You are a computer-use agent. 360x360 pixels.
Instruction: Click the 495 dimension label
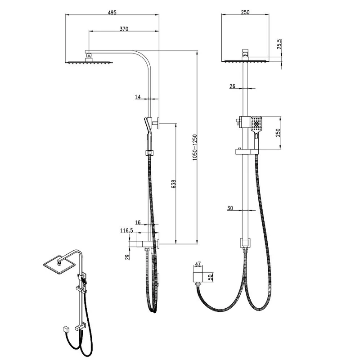coord(112,13)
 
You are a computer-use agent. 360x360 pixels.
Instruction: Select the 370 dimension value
coord(124,29)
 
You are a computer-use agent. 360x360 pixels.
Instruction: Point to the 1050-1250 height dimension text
coord(195,148)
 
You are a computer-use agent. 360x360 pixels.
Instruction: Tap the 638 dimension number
coord(174,184)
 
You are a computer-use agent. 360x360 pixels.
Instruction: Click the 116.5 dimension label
coord(126,230)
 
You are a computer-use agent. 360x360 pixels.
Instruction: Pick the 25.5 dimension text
coord(279,44)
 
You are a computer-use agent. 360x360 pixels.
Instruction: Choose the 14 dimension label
coord(138,97)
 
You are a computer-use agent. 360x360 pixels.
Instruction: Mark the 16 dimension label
coord(138,222)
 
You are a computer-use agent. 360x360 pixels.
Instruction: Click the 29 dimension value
coord(128,257)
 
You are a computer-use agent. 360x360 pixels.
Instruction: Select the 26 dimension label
coord(232,86)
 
